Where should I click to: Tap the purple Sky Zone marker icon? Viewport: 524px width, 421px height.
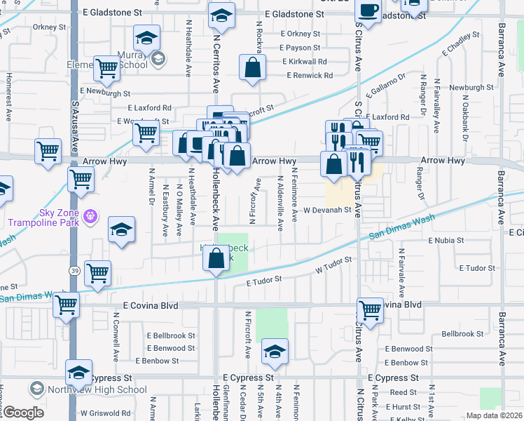90,215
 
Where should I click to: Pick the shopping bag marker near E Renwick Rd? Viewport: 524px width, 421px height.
252,69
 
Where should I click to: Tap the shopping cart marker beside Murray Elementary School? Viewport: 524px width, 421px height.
106,69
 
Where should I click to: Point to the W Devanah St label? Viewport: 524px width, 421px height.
326,210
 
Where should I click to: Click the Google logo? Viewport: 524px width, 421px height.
22,413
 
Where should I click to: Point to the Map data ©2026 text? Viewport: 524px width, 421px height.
494,415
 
